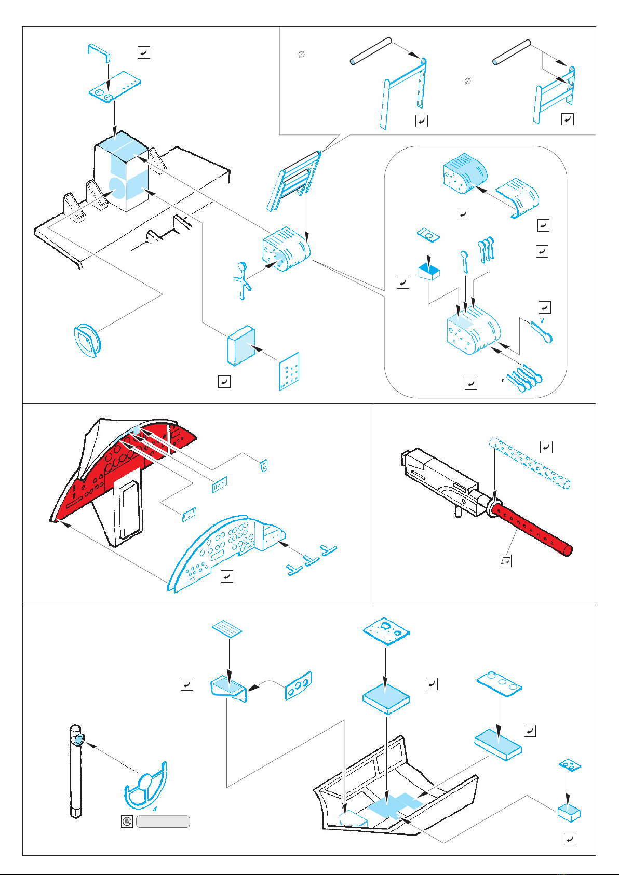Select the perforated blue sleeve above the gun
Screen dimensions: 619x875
coord(530,463)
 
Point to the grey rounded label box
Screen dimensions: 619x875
coord(163,821)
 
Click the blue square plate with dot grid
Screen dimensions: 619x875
coord(289,371)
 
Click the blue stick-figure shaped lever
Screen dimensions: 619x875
coord(241,280)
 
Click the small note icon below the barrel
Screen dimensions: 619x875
coord(505,561)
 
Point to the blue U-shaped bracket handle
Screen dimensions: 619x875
coord(98,51)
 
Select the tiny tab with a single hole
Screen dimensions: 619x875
coord(264,465)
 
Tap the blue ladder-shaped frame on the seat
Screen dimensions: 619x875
coord(293,179)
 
